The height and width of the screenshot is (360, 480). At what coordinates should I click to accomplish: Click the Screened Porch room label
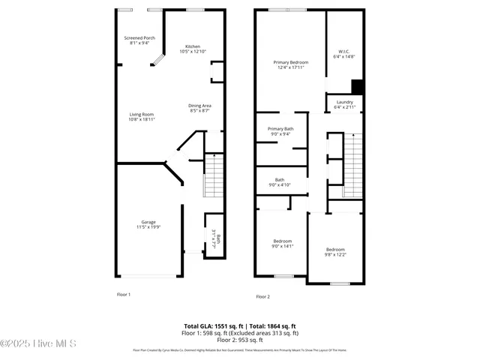[139, 40]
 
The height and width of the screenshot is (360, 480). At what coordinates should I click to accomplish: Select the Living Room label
[141, 116]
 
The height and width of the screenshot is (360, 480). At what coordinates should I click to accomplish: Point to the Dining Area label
[199, 108]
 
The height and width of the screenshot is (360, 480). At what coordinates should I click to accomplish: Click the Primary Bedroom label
[289, 64]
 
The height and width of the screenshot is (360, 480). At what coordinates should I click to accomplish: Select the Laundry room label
[344, 104]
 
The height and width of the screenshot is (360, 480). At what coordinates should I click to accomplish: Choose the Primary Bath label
[280, 131]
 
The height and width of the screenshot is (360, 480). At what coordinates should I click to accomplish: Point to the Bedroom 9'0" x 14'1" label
[282, 243]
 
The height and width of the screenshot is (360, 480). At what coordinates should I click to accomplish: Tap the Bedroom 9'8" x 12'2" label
[335, 251]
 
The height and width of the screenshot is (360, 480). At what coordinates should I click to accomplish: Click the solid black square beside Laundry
[358, 86]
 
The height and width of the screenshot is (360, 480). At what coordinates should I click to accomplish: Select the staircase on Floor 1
[214, 176]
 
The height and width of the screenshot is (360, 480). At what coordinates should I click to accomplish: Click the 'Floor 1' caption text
[124, 295]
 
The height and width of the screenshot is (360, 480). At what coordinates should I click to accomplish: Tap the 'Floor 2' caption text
[262, 297]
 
